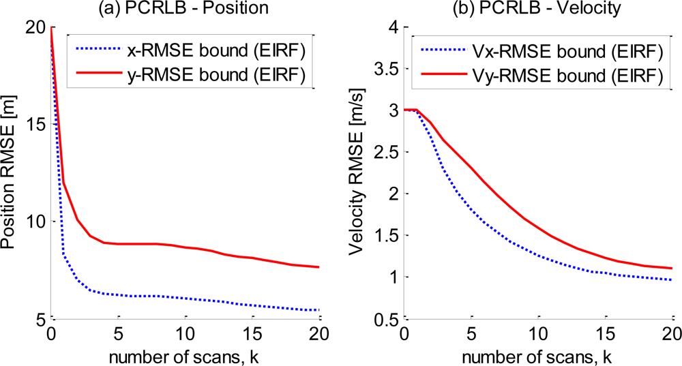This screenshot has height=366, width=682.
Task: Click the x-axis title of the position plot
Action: click(x=186, y=355)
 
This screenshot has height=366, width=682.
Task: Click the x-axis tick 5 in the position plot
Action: click(x=118, y=335)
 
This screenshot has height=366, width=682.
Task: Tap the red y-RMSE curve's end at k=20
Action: click(x=319, y=267)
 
